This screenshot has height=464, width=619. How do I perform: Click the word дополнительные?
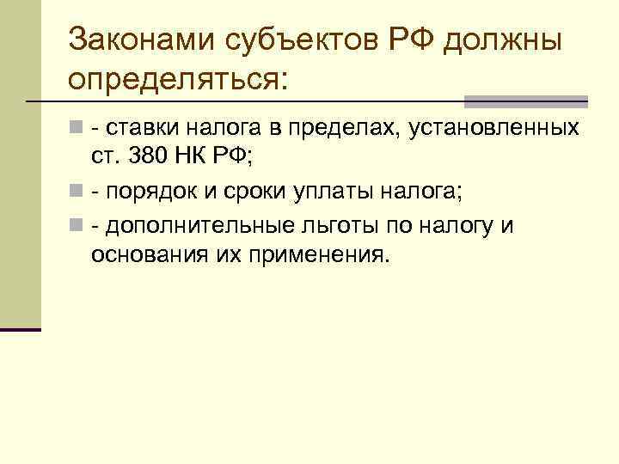click(199, 225)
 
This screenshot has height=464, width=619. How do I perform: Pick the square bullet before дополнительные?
click(77, 225)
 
